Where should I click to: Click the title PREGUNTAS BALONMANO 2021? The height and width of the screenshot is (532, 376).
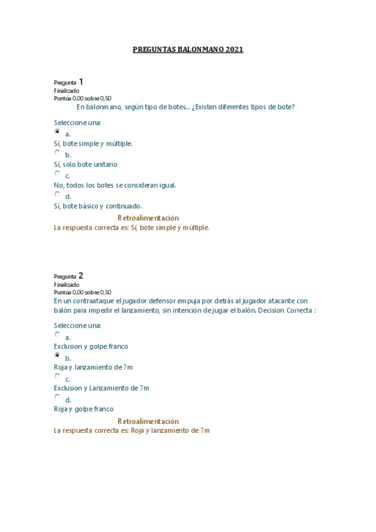pyautogui.click(x=188, y=49)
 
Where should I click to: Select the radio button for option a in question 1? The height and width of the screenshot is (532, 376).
pyautogui.click(x=57, y=132)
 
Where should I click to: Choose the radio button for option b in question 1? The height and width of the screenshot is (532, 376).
pyautogui.click(x=57, y=152)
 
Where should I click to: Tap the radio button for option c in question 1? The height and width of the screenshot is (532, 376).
pyautogui.click(x=57, y=174)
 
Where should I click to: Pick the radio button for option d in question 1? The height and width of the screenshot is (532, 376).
pyautogui.click(x=57, y=194)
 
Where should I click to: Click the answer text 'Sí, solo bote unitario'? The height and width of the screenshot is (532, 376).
pyautogui.click(x=85, y=164)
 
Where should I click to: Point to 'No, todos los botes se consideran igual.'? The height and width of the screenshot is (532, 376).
pyautogui.click(x=115, y=185)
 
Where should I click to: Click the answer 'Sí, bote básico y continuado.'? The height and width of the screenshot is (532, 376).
pyautogui.click(x=98, y=206)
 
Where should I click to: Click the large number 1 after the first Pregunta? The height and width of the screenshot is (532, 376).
pyautogui.click(x=81, y=82)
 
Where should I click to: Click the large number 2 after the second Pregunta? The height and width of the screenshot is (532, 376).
pyautogui.click(x=81, y=275)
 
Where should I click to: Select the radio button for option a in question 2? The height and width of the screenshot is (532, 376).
pyautogui.click(x=57, y=335)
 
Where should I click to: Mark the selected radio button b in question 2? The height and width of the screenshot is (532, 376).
pyautogui.click(x=57, y=356)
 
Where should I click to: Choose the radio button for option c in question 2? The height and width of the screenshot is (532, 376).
pyautogui.click(x=57, y=377)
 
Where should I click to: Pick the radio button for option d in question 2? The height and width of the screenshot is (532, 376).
pyautogui.click(x=57, y=398)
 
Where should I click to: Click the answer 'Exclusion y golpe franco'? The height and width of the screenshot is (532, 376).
pyautogui.click(x=91, y=346)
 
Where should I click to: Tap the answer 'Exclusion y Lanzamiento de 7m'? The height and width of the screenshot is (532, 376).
pyautogui.click(x=101, y=388)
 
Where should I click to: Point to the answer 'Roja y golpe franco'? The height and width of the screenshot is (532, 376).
pyautogui.click(x=83, y=409)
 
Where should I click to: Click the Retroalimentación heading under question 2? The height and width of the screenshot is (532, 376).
pyautogui.click(x=148, y=421)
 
